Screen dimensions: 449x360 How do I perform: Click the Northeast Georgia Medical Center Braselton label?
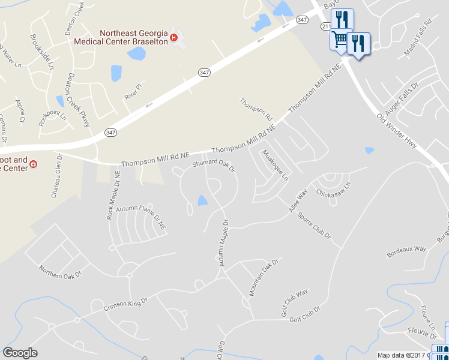pyautogui.click(x=120, y=37)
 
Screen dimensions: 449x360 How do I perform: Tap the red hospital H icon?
pyautogui.click(x=174, y=38)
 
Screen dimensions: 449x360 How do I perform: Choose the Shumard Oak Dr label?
pyautogui.click(x=213, y=163)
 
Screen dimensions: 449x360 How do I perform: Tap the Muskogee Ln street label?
pyautogui.click(x=275, y=165)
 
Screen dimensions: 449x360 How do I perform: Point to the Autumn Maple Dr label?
pyautogui.click(x=223, y=243)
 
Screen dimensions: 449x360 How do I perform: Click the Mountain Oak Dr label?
pyautogui.click(x=265, y=278)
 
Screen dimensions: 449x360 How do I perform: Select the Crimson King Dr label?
pyautogui.click(x=125, y=304)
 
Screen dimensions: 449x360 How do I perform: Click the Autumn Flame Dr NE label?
pyautogui.click(x=141, y=215)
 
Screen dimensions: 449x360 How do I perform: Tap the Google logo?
pyautogui.click(x=20, y=353)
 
